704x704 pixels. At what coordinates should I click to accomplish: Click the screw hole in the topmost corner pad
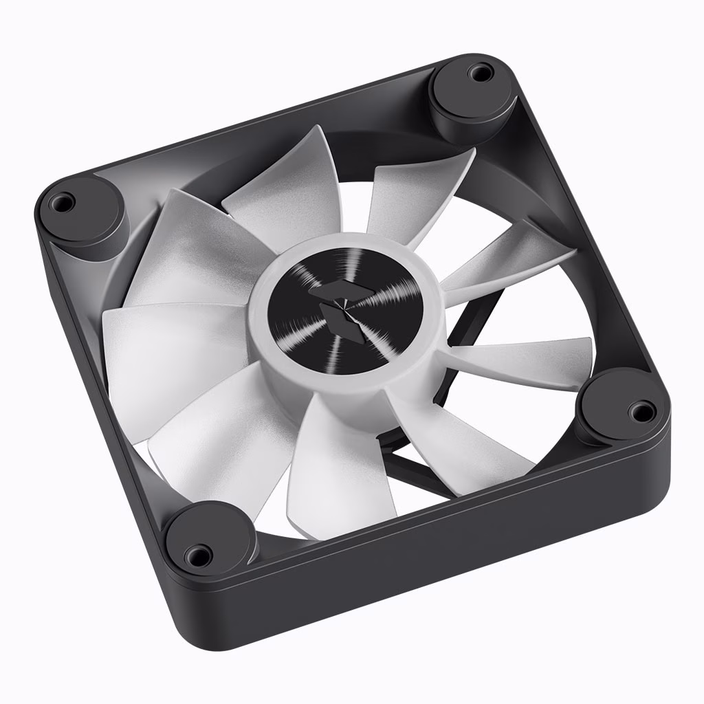click(479, 71)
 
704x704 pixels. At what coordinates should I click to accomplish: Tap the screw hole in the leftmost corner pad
click(62, 202)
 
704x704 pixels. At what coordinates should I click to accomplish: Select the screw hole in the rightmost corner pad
click(641, 412)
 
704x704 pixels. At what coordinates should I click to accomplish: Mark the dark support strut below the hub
click(419, 467)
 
